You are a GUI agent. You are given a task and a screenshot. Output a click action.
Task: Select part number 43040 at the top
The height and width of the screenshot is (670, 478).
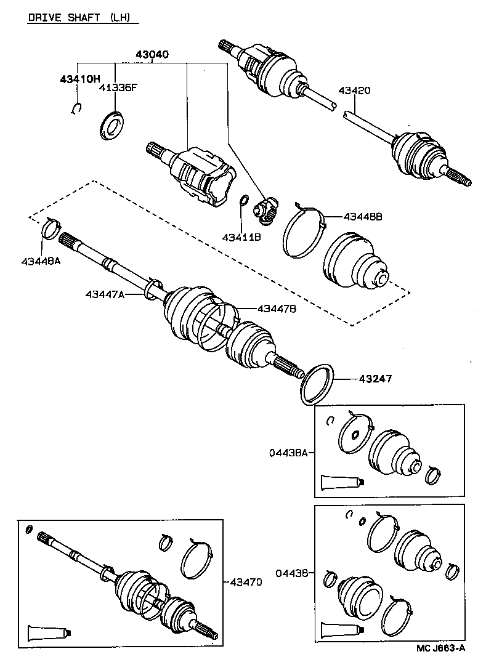[x=152, y=55]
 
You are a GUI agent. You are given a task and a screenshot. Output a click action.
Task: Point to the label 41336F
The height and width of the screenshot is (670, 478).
[x=118, y=87]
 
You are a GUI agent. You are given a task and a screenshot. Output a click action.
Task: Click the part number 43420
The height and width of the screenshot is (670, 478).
[x=354, y=91]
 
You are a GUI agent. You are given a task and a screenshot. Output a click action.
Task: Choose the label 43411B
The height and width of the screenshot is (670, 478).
[x=241, y=238]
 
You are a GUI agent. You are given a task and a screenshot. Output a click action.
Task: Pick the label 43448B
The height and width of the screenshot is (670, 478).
[x=363, y=217]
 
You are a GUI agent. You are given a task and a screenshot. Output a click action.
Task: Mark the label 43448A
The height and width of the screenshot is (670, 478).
[x=40, y=260]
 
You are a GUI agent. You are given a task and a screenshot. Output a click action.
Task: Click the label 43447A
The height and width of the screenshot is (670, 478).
[x=105, y=295]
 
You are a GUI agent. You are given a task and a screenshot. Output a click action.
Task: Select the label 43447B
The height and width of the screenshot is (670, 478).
[x=277, y=309]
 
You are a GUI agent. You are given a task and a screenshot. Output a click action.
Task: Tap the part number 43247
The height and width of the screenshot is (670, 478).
[x=371, y=378]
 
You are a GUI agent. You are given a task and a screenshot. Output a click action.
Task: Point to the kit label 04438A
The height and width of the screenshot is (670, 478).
[x=288, y=453]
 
